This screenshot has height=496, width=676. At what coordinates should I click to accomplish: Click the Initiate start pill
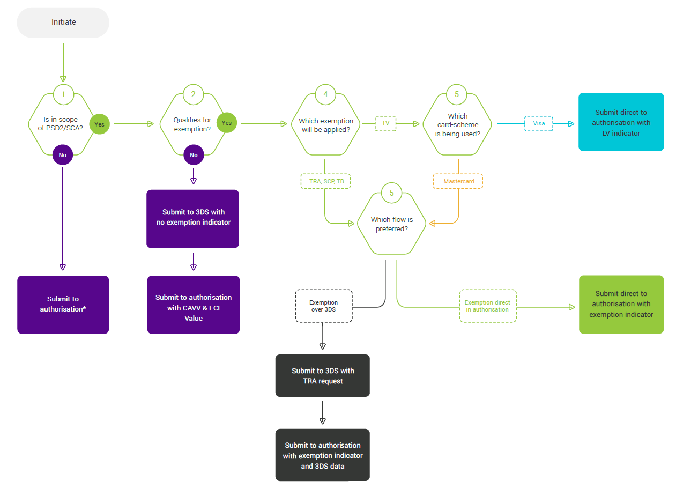[63, 23]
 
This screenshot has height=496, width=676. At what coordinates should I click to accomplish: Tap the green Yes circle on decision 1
[99, 124]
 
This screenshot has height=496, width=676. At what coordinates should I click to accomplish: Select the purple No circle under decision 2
[194, 155]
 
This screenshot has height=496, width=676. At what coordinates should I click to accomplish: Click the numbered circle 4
[325, 94]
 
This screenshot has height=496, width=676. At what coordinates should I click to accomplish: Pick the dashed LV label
[385, 124]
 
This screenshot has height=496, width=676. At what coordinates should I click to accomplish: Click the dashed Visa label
[538, 124]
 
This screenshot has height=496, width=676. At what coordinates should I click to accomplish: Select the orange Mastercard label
[458, 181]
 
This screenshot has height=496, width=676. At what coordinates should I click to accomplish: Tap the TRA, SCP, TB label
[325, 181]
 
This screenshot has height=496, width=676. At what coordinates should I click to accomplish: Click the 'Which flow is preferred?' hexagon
[392, 224]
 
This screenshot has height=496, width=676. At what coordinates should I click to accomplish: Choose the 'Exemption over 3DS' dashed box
[324, 306]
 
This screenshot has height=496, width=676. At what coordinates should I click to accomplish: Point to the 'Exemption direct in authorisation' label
[487, 306]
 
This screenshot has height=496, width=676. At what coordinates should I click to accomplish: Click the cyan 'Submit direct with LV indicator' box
[621, 122]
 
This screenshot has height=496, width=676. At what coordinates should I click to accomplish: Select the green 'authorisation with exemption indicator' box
[621, 304]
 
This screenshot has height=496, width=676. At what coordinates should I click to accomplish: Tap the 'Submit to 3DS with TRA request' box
[322, 375]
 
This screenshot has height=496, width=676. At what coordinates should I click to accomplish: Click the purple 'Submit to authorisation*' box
[63, 304]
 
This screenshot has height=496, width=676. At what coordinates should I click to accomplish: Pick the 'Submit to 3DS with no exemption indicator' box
[193, 218]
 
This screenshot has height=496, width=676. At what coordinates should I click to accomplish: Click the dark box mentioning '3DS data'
[322, 455]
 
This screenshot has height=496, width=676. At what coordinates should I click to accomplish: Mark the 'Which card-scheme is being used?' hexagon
[457, 124]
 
